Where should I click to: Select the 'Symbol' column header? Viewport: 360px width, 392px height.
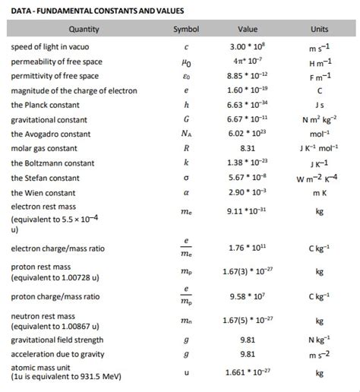pos(187,30)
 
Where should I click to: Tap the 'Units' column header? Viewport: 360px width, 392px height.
pos(320,30)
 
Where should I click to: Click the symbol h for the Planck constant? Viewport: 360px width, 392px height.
pos(187,105)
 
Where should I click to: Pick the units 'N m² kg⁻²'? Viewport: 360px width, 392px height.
pos(320,120)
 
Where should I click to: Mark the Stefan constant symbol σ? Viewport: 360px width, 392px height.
pos(187,178)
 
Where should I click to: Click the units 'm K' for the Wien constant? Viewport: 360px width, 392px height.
pos(320,193)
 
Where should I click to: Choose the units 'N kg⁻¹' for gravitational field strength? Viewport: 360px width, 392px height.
pos(320,340)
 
